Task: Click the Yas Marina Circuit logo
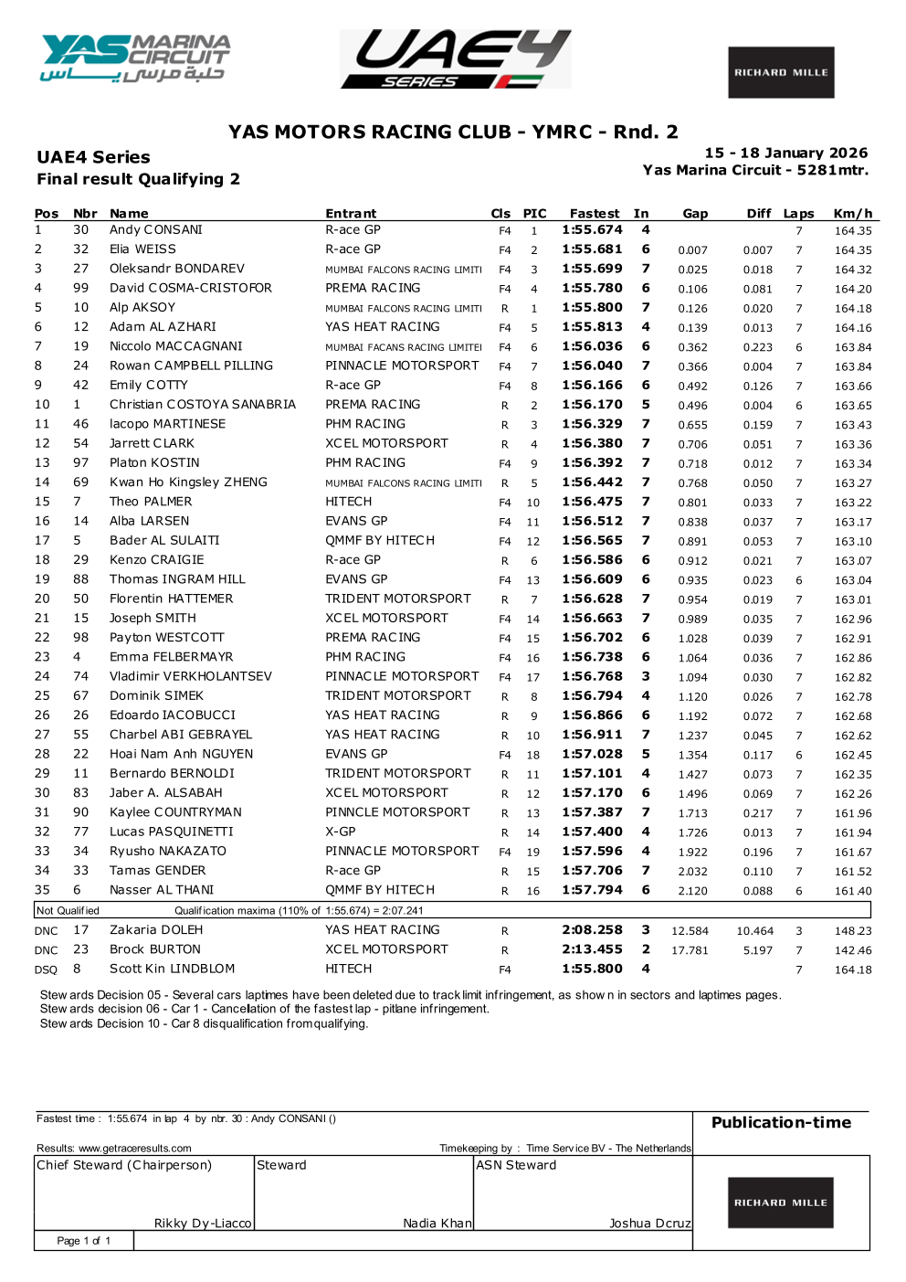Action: click(x=134, y=58)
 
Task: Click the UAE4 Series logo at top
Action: click(x=456, y=59)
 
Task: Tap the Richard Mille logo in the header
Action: click(x=781, y=72)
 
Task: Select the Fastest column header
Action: click(x=594, y=213)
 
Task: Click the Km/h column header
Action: click(x=852, y=213)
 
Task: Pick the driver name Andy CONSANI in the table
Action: click(x=156, y=230)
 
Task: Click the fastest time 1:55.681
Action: click(x=592, y=249)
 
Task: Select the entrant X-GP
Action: click(x=341, y=832)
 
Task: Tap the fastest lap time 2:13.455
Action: click(x=592, y=949)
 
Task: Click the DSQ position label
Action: click(x=46, y=969)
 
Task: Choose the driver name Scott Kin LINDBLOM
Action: click(x=172, y=969)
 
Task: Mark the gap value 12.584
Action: click(x=690, y=931)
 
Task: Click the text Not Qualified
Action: click(x=68, y=910)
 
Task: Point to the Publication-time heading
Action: click(x=781, y=1122)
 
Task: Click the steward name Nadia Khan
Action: click(x=437, y=1223)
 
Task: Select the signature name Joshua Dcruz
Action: click(x=649, y=1223)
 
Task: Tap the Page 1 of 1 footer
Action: click(x=83, y=1240)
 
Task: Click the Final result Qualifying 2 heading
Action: click(x=138, y=179)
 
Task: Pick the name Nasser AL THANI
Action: click(x=162, y=890)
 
